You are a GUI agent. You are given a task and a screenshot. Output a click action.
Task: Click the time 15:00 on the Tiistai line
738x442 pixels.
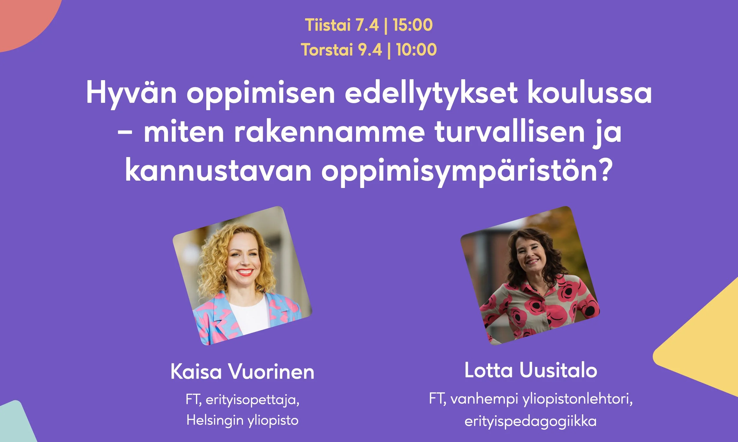pos(413,25)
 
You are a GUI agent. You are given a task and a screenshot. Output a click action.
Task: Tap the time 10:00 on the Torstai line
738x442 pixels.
pos(417,50)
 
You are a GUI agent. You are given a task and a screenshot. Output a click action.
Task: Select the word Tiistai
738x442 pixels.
pos(328,25)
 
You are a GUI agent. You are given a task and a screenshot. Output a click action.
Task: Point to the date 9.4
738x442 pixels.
pos(370,50)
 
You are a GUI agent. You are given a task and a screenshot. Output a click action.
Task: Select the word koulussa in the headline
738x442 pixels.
pos(589,93)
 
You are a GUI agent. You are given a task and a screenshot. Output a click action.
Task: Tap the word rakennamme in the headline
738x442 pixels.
pos(329,133)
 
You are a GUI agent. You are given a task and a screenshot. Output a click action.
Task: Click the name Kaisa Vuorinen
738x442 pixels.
pos(242,372)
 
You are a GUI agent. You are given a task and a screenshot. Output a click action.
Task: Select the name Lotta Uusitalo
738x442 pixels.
pos(531,371)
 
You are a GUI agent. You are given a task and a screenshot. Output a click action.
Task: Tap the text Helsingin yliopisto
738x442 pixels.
pos(242,420)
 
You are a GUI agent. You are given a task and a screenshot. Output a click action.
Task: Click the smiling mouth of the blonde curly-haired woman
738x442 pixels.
pos(245,272)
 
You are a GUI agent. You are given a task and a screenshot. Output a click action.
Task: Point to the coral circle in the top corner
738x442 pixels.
pos(24,21)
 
